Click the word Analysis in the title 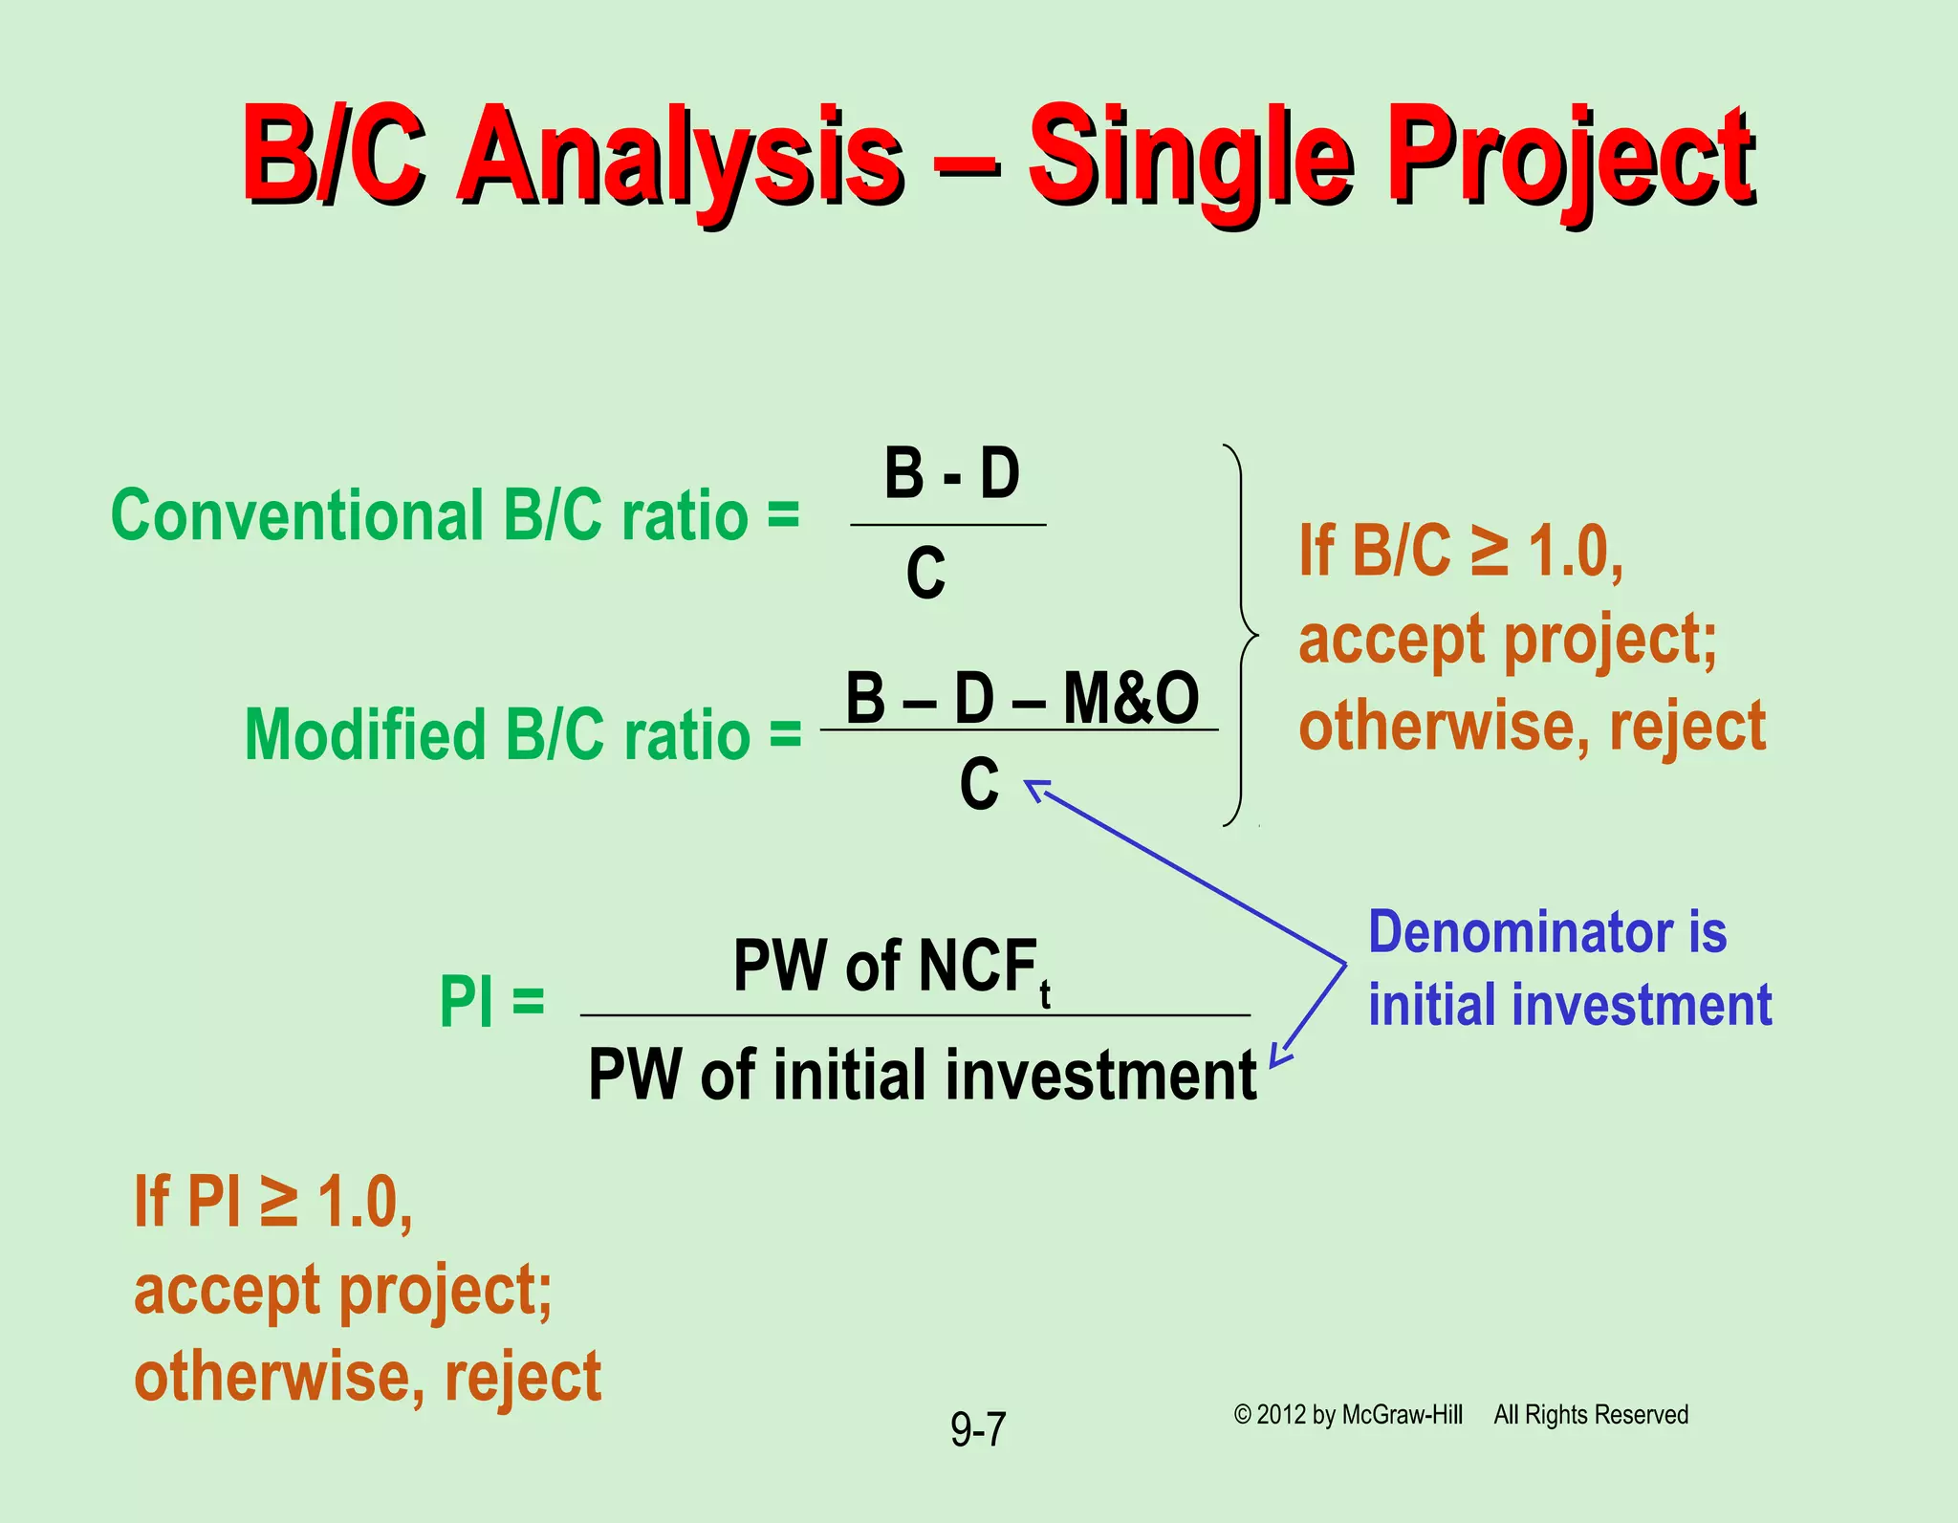coord(679,158)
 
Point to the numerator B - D coord(951,474)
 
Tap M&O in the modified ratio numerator coord(1130,698)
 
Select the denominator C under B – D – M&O coord(979,784)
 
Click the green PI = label coord(491,1002)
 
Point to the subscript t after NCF coord(1045,996)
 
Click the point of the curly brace coord(1255,635)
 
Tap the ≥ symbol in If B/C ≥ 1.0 coord(1489,552)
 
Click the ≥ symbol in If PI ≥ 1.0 coord(278,1202)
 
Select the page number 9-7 coord(978,1430)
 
